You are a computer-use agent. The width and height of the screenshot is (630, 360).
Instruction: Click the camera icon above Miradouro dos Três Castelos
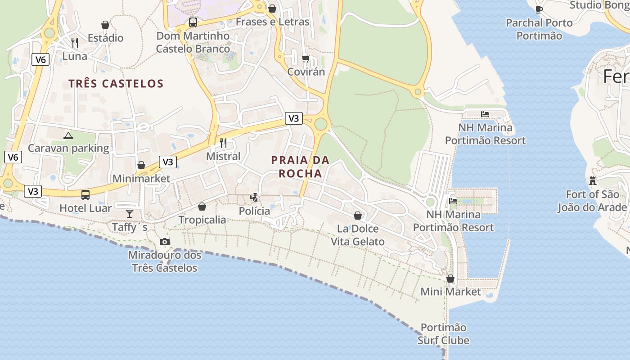[165, 242]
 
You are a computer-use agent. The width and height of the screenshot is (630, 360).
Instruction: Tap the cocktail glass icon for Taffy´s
[130, 213]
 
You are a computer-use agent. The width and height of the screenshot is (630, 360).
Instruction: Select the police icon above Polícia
[254, 197]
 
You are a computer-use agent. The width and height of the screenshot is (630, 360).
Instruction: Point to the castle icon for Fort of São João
[592, 181]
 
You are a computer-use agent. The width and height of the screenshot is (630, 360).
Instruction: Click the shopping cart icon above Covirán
[306, 59]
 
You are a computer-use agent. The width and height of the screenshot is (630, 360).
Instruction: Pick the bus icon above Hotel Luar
[85, 194]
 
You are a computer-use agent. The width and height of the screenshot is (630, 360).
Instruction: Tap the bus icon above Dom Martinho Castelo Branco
[193, 22]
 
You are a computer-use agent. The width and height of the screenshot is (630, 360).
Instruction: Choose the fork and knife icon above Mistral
[223, 143]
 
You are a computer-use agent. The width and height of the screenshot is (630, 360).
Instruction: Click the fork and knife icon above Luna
[75, 43]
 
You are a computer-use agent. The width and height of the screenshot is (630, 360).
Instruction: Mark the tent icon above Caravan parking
[68, 135]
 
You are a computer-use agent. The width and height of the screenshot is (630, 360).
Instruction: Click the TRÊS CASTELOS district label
[116, 84]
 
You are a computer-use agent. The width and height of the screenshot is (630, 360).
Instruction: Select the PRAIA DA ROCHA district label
[300, 166]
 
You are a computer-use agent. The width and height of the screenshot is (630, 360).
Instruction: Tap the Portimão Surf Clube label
[443, 334]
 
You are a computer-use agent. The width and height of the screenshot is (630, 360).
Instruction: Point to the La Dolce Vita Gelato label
[358, 235]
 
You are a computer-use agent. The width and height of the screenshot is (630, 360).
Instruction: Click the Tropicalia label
[202, 220]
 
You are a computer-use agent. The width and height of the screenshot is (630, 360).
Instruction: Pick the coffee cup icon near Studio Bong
[539, 9]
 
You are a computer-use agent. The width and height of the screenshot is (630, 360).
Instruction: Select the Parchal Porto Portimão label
[539, 29]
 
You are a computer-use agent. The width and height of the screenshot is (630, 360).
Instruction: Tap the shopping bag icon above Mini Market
[450, 279]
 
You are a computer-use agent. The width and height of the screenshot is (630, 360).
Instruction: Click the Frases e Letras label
[272, 22]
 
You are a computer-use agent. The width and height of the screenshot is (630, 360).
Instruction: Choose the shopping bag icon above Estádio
[105, 25]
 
